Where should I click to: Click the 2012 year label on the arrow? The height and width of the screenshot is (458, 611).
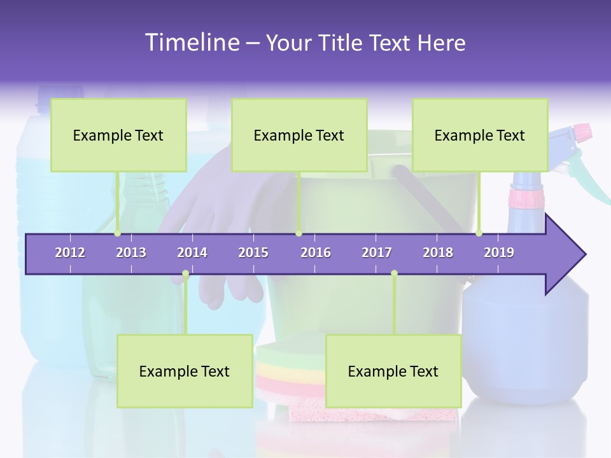(x=70, y=253)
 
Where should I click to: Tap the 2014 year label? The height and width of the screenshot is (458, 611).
(x=192, y=253)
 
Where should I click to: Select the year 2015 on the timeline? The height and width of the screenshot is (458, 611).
(x=253, y=253)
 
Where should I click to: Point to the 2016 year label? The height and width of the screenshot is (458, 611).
(x=316, y=253)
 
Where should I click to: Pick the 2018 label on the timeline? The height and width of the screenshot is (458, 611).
(x=438, y=253)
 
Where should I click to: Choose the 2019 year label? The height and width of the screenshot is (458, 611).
(x=499, y=253)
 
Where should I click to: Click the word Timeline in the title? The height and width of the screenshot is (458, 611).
(x=191, y=43)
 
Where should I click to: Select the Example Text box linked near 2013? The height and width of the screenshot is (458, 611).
(x=118, y=135)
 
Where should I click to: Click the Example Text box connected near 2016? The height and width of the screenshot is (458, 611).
(x=299, y=135)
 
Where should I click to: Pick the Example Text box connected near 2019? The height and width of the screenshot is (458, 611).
(x=480, y=135)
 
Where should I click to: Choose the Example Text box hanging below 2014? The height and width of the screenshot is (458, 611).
(x=185, y=371)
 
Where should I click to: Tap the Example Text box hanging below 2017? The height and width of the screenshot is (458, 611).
(x=393, y=371)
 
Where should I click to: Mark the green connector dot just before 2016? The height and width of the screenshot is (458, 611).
(x=298, y=233)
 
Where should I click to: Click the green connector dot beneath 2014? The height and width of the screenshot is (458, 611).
(x=185, y=274)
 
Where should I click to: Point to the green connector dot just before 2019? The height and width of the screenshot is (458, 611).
(x=479, y=233)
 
